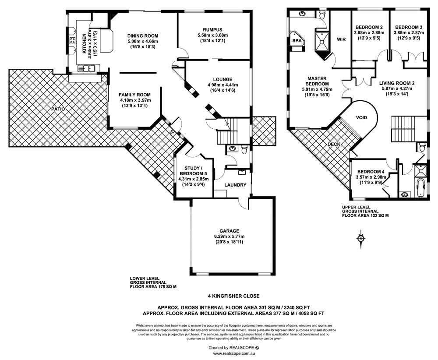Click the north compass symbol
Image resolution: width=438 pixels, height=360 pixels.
(360, 238)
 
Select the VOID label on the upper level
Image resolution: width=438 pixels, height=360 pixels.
(361, 118)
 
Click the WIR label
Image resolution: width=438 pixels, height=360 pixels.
(342, 39)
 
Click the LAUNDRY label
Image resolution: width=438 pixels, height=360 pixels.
(235, 185)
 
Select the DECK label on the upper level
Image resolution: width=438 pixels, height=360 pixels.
(334, 144)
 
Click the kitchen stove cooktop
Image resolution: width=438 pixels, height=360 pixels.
(71, 42)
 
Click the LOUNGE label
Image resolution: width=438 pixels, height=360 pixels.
(223, 79)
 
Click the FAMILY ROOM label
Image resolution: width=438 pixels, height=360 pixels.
(135, 95)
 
